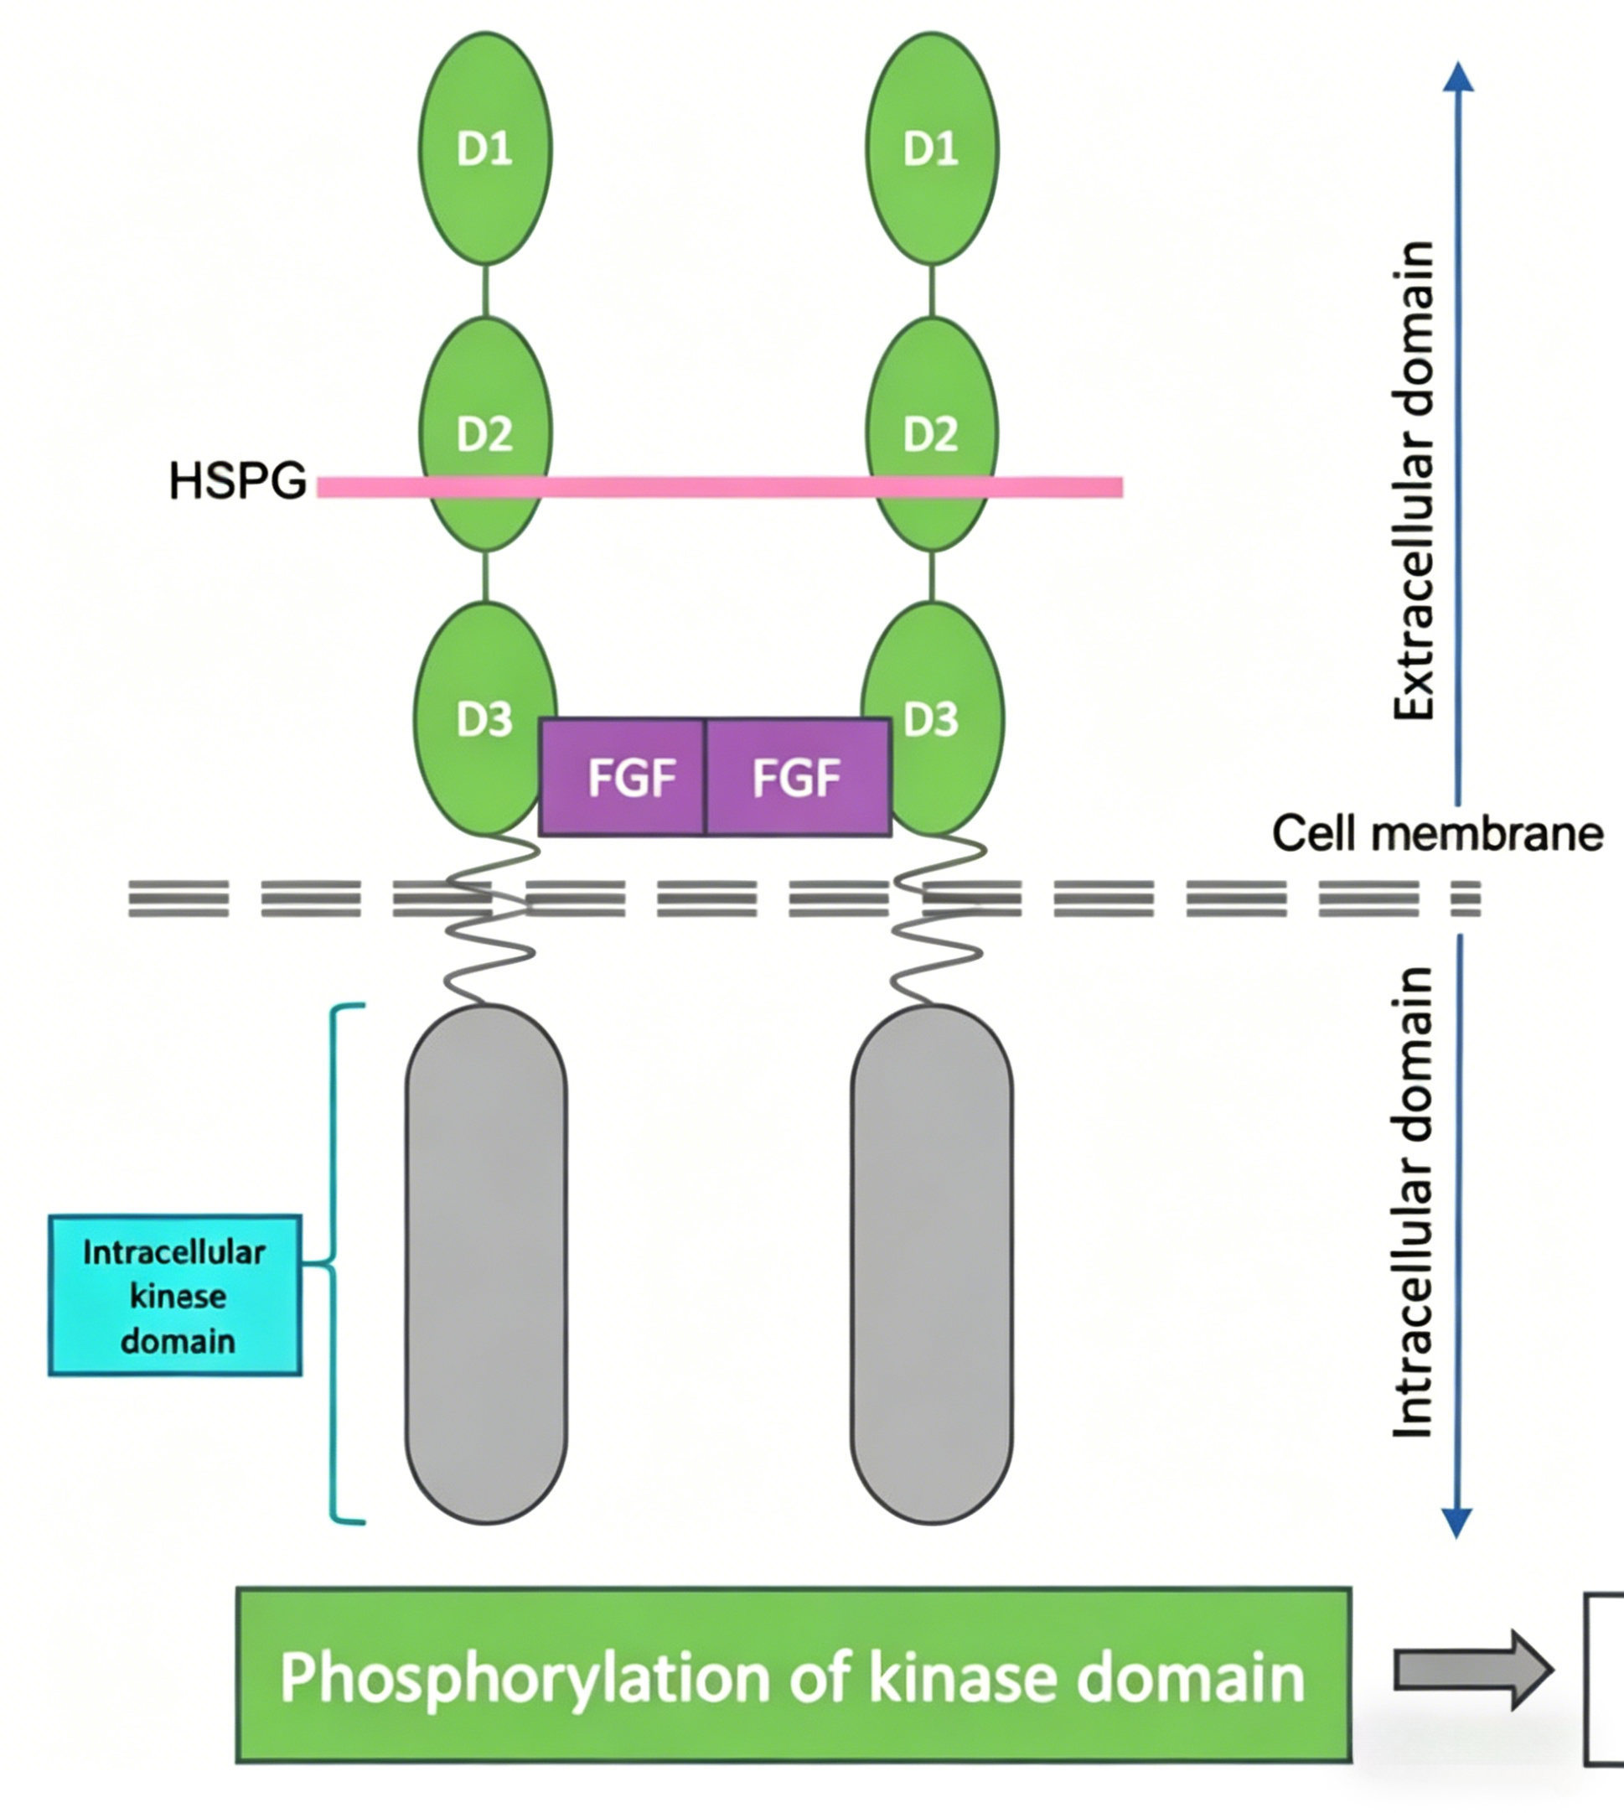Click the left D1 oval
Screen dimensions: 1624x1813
(485, 148)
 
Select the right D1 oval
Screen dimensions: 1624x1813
(932, 148)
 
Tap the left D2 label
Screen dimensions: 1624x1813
(484, 435)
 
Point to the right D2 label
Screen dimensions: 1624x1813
(931, 435)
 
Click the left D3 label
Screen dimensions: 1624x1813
(484, 719)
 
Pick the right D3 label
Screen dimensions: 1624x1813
(931, 719)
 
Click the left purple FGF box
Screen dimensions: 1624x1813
(622, 777)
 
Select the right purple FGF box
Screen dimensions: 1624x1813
(799, 777)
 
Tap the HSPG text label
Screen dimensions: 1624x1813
(237, 481)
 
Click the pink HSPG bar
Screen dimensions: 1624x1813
(720, 486)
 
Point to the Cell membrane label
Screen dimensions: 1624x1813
(1437, 834)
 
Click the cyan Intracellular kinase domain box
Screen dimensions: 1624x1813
(175, 1295)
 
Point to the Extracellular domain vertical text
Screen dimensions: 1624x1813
(1414, 480)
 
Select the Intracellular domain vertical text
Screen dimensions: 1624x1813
(1414, 1201)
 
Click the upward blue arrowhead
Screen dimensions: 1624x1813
(1458, 77)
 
